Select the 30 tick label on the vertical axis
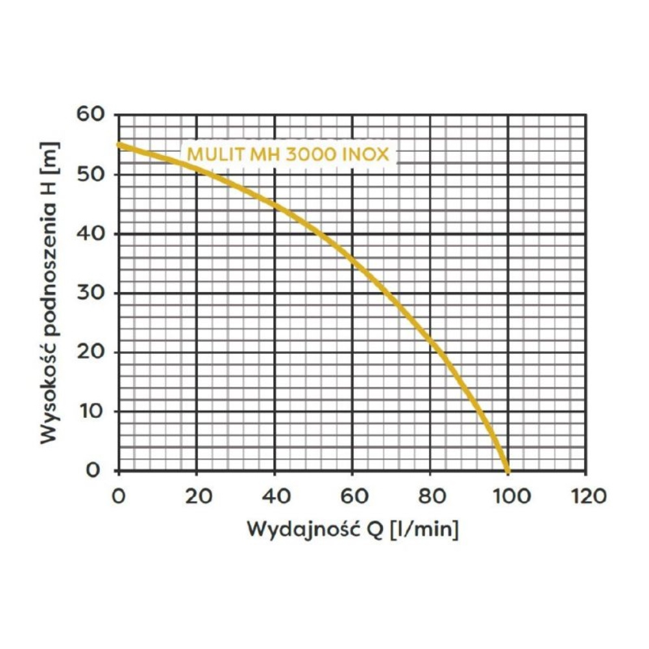click(92, 293)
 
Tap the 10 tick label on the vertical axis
click(92, 411)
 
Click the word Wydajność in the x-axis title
click(299, 529)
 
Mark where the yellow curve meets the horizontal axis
click(508, 471)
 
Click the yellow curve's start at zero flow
click(119, 144)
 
